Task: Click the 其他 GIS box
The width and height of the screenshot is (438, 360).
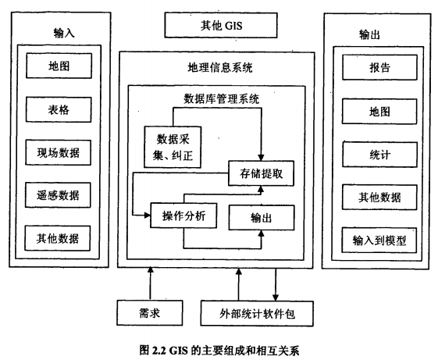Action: (x=221, y=25)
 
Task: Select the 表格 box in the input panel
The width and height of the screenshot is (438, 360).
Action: (x=59, y=109)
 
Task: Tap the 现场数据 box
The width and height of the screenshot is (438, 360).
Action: (x=59, y=152)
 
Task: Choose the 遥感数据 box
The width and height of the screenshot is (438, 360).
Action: (x=58, y=195)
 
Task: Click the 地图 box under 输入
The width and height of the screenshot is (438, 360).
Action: (x=59, y=66)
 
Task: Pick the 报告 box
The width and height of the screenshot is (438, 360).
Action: (x=379, y=67)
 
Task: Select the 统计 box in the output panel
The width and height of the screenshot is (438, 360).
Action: (x=380, y=155)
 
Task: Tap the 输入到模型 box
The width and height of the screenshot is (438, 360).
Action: (x=379, y=241)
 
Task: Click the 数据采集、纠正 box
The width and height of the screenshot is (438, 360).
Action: (x=173, y=147)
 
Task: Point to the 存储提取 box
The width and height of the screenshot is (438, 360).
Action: (x=262, y=173)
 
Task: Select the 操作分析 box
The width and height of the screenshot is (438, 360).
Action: (x=183, y=216)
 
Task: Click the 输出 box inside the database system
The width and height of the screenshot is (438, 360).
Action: (x=262, y=218)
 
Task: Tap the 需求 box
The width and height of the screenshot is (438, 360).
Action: (x=150, y=313)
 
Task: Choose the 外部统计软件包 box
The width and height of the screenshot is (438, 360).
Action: (x=257, y=314)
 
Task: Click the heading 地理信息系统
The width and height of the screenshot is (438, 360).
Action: (x=220, y=68)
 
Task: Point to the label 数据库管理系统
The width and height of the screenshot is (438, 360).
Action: (x=221, y=99)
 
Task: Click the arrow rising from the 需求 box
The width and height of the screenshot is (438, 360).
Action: (x=151, y=283)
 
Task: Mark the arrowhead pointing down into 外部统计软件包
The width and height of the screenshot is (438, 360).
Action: (x=276, y=297)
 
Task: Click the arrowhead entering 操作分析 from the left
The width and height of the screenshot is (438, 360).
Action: (x=147, y=216)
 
